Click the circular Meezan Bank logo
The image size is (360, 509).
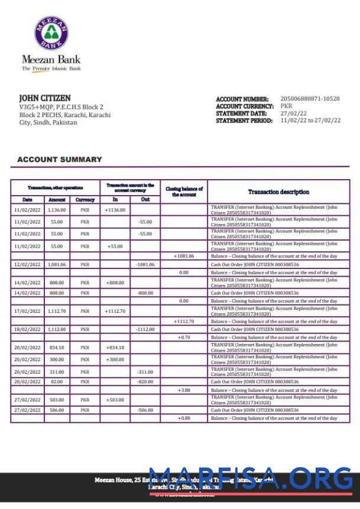point(51,33)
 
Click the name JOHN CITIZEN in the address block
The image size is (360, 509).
point(45,98)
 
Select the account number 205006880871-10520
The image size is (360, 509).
point(310,99)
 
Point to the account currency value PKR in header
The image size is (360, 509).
point(286,106)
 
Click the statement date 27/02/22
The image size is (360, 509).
point(293,113)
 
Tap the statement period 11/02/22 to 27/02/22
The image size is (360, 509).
point(310,120)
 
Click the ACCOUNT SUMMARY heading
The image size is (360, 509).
point(60,160)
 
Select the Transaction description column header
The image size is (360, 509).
point(278,192)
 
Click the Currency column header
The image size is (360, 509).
point(85,200)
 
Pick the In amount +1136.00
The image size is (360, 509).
point(115,210)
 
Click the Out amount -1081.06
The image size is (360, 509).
point(145,265)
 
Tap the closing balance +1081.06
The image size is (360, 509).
point(184,256)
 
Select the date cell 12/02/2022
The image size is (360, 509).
point(27,265)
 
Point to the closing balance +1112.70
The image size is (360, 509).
point(184,321)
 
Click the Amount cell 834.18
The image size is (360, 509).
point(57,348)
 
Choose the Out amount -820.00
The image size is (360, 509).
point(145,382)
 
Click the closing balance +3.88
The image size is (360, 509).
point(184,390)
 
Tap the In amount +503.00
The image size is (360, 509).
point(115,400)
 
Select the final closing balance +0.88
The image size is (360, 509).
point(184,419)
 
